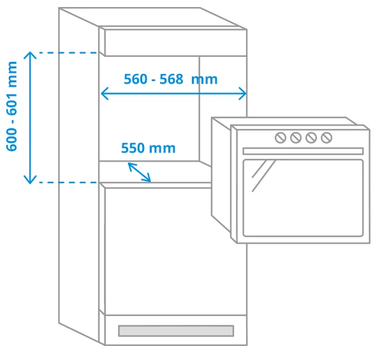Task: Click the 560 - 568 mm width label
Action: (x=170, y=79)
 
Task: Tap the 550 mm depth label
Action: (x=149, y=148)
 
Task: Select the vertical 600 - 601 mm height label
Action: (x=12, y=107)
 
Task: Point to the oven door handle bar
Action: (x=303, y=151)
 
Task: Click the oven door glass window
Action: (x=303, y=198)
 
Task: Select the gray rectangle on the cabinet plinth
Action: (x=176, y=331)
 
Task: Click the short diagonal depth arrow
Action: (x=139, y=172)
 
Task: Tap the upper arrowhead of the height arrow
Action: (x=30, y=55)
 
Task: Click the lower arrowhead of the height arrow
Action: (x=30, y=181)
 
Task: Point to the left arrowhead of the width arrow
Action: (x=104, y=93)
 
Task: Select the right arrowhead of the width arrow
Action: (x=243, y=93)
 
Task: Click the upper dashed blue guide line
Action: (x=69, y=52)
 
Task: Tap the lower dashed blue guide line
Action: (x=69, y=183)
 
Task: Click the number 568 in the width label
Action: (x=172, y=79)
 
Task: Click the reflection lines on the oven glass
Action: (x=263, y=176)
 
